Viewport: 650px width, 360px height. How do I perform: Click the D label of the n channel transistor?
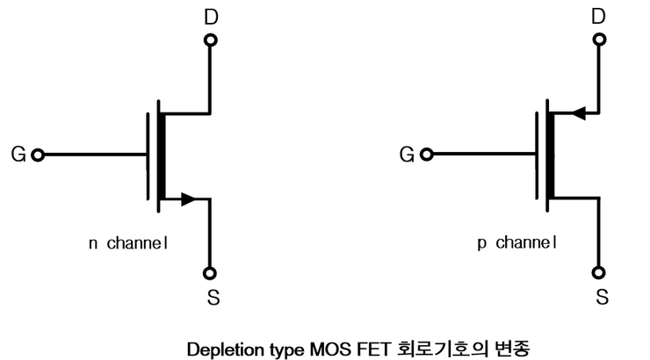[211, 17]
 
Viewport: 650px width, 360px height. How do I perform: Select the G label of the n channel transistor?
[18, 155]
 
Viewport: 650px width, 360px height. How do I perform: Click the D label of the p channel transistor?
[599, 17]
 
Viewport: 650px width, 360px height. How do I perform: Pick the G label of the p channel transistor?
[407, 155]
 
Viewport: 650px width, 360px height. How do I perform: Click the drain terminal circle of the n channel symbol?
[211, 40]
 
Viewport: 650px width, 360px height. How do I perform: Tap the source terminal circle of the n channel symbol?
[211, 272]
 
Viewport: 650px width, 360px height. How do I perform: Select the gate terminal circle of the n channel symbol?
[38, 155]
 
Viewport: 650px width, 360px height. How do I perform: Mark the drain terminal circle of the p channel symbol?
[599, 40]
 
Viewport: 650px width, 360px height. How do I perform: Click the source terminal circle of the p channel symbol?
[599, 272]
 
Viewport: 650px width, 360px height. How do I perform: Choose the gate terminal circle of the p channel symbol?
[426, 155]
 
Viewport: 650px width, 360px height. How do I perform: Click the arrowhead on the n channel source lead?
[187, 199]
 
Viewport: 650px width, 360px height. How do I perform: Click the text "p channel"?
[516, 242]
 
